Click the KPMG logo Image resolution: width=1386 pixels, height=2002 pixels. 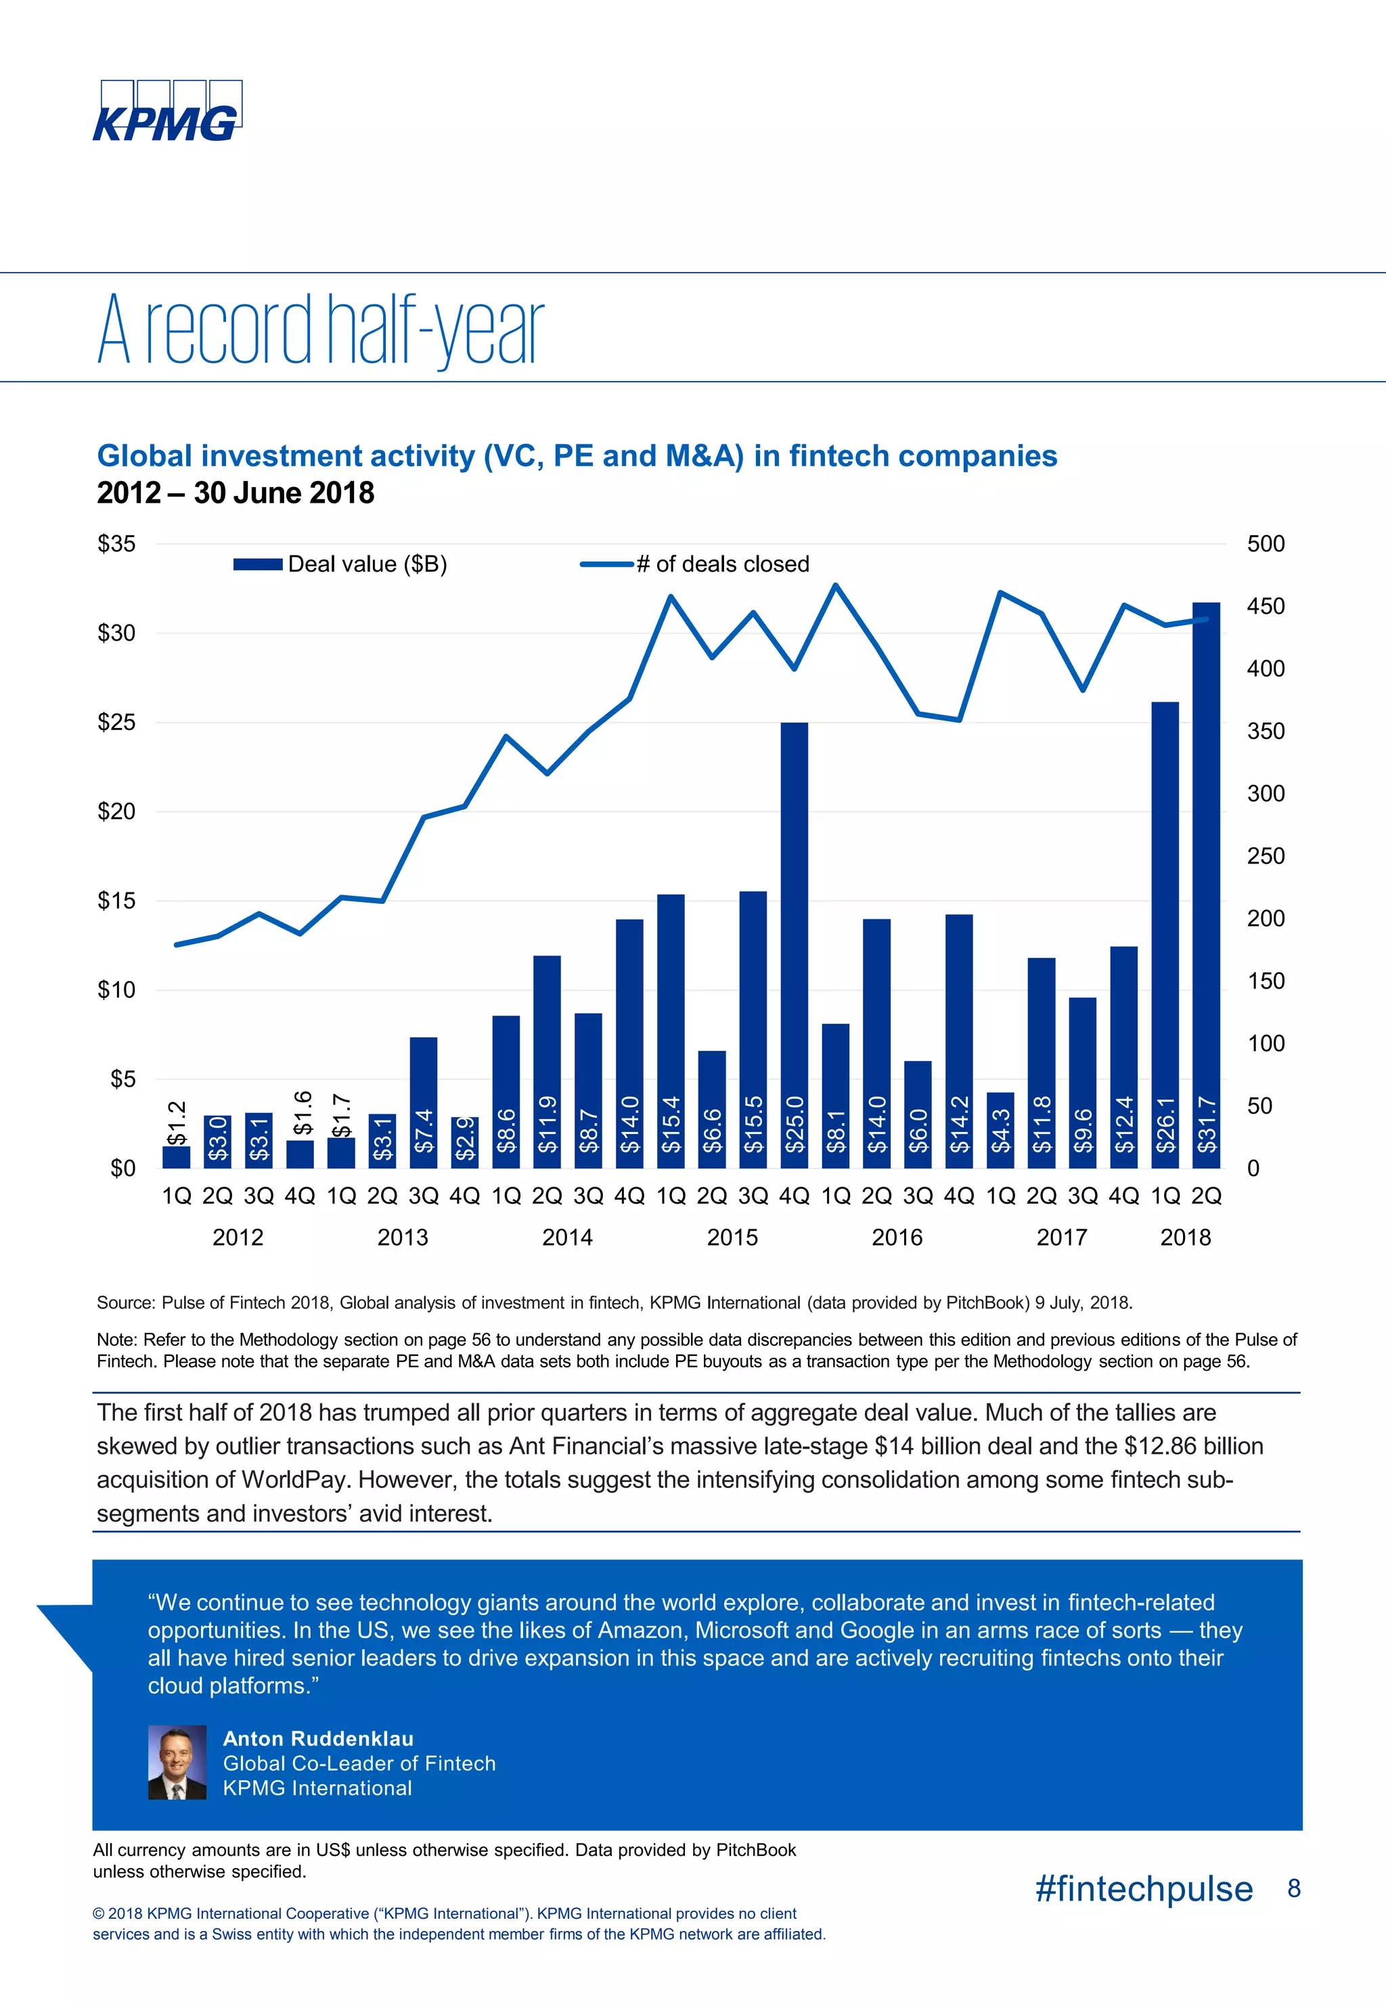[x=166, y=111]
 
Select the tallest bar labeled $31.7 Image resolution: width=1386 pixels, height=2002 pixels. [x=1206, y=886]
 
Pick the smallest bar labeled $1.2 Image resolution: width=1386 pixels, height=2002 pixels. [x=176, y=1156]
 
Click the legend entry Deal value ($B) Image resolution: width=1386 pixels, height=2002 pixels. [x=340, y=564]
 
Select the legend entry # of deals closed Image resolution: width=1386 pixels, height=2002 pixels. [x=695, y=564]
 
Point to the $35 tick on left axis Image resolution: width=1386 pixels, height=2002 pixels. [x=116, y=545]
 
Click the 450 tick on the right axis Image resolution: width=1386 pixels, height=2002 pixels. [x=1266, y=606]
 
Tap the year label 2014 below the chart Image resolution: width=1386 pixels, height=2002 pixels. [x=567, y=1237]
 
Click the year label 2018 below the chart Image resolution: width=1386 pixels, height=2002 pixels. [x=1186, y=1237]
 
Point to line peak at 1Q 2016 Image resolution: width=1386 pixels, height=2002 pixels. [x=835, y=585]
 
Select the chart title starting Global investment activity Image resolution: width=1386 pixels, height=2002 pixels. [x=577, y=456]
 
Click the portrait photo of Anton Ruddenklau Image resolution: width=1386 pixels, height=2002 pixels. [x=177, y=1762]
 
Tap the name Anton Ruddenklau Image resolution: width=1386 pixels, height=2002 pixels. [x=318, y=1738]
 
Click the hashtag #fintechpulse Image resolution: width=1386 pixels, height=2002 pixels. [x=1144, y=1888]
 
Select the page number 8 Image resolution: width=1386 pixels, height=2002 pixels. [x=1293, y=1888]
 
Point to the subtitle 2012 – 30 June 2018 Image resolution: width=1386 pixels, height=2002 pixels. [x=236, y=493]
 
